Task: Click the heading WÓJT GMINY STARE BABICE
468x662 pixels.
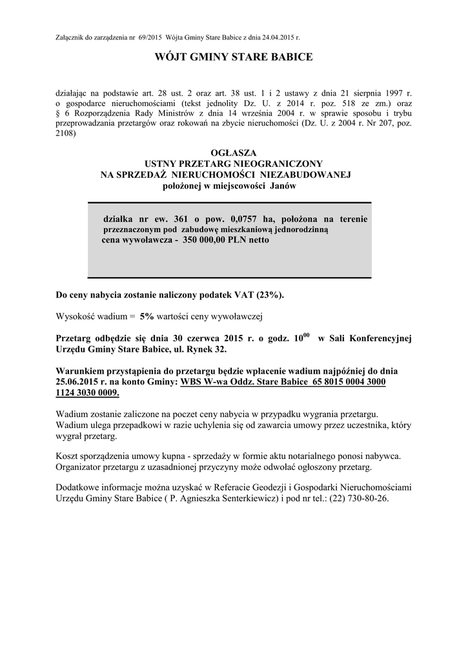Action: [x=234, y=58]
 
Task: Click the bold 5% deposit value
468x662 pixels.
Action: [x=147, y=316]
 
